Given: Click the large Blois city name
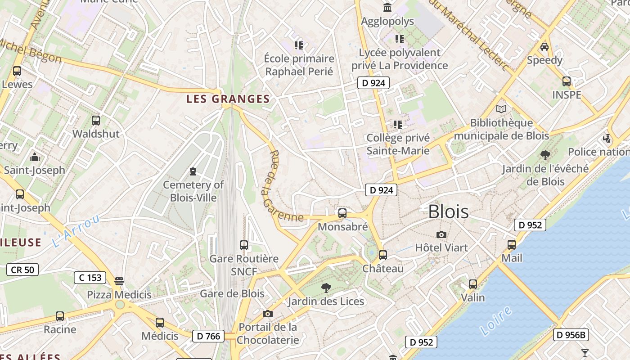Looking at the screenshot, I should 448,211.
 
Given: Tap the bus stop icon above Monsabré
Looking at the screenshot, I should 342,213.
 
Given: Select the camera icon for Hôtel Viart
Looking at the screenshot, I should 441,234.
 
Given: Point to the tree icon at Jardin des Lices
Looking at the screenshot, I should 326,288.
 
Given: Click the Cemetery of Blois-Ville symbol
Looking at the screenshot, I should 193,171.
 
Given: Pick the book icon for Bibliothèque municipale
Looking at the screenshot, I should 501,109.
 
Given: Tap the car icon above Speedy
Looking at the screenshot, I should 544,46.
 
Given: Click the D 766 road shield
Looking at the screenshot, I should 209,336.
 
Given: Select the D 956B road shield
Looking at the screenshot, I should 571,335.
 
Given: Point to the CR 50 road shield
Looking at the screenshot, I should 22,270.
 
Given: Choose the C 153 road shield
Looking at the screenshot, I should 90,278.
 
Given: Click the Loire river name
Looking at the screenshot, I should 496,321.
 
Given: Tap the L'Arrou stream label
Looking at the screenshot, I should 76,231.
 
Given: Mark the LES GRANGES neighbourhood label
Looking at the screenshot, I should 228,99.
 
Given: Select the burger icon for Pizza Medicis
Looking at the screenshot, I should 119,281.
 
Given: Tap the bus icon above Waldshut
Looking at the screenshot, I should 96,120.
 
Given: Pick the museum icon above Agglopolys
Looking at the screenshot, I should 387,7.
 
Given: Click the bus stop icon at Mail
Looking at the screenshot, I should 512,245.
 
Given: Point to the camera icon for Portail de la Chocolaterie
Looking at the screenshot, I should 268,314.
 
